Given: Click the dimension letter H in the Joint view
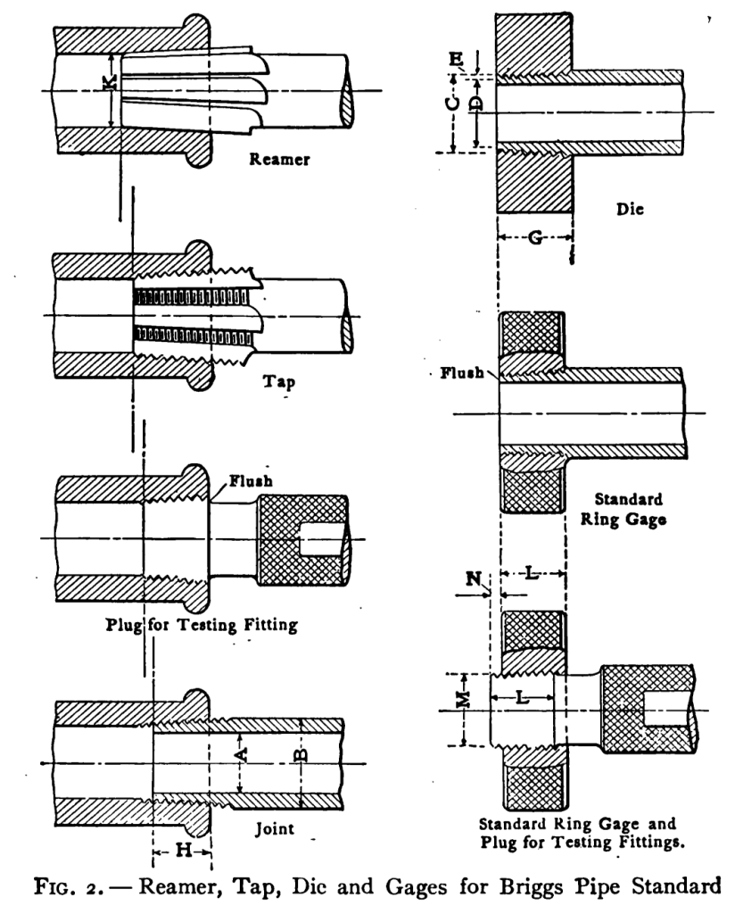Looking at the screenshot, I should (x=182, y=850).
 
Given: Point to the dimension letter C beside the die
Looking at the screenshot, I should (x=454, y=104).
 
